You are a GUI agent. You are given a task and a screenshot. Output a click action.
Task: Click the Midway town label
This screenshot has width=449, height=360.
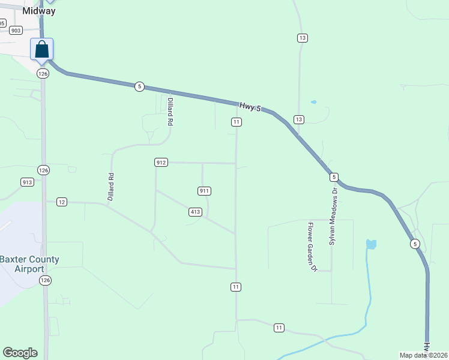(39, 11)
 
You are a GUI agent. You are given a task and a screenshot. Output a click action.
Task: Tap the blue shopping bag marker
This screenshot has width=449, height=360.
(42, 49)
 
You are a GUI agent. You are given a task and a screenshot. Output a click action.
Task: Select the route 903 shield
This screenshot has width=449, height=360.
(16, 30)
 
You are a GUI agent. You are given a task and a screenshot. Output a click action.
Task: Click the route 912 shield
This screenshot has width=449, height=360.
(160, 163)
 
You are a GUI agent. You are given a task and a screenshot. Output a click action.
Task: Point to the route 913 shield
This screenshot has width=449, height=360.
(27, 182)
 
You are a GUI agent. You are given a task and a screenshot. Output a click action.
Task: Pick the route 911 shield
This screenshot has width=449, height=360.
(204, 191)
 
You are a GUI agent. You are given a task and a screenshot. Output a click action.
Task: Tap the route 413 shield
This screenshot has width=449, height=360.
(195, 212)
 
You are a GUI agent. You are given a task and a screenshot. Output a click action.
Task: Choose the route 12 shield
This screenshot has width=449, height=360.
(62, 202)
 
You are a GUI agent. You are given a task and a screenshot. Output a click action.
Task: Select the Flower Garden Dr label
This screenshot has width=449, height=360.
(312, 247)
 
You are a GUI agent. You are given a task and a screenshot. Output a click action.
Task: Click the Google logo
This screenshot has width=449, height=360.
(20, 353)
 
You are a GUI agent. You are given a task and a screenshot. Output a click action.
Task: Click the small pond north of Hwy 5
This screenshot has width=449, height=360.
(313, 102)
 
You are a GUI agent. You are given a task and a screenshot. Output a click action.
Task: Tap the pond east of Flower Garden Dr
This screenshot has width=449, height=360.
(371, 244)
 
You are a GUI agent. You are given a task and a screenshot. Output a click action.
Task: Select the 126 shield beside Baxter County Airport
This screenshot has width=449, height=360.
(46, 280)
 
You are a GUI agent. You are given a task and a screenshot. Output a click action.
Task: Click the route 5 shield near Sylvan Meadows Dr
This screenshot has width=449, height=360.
(334, 177)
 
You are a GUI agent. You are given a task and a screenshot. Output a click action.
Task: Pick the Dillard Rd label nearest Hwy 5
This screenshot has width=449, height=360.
(170, 111)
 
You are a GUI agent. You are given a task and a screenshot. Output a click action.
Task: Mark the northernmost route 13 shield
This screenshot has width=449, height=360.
(302, 38)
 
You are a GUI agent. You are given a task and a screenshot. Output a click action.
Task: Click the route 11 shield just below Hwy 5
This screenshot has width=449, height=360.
(237, 122)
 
